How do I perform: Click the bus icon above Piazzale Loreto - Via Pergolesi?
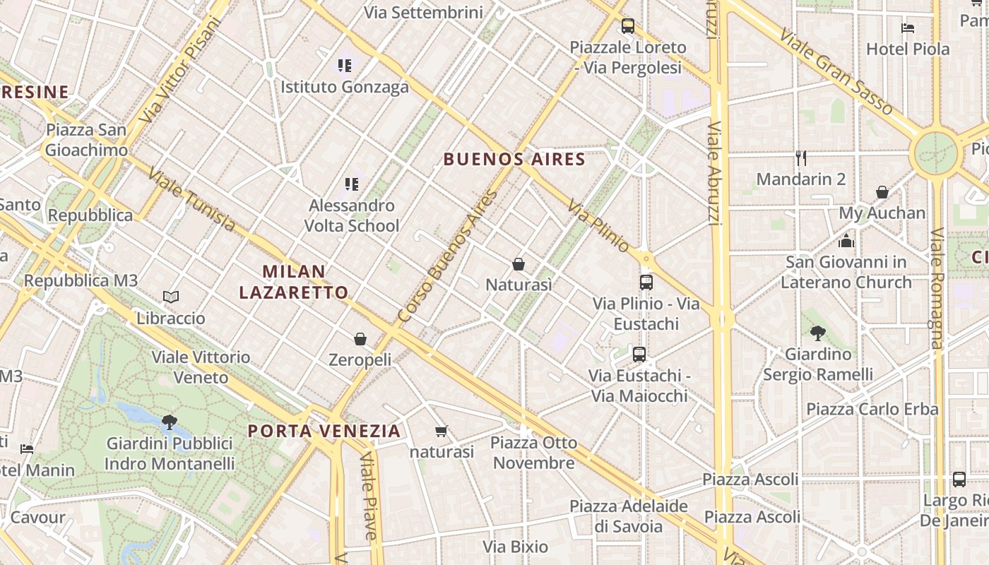click(x=627, y=26)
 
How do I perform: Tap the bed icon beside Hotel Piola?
click(x=908, y=28)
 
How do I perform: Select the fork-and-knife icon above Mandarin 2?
click(x=800, y=157)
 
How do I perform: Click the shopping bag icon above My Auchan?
click(x=882, y=192)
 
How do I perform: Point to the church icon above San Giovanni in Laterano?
click(x=846, y=241)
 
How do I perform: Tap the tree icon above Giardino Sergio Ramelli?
click(x=818, y=333)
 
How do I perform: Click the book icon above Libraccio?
click(x=170, y=297)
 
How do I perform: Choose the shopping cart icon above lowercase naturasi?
click(x=442, y=431)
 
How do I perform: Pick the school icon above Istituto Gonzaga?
click(x=344, y=66)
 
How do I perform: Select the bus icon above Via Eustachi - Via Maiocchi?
click(x=639, y=354)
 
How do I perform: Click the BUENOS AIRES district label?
click(x=514, y=159)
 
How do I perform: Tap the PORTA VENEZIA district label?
click(x=324, y=431)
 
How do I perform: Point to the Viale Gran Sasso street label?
click(x=836, y=72)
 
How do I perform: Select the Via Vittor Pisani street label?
click(x=181, y=69)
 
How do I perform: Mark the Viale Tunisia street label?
click(x=191, y=199)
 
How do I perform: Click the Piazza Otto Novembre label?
click(x=533, y=453)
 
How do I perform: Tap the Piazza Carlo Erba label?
click(x=872, y=409)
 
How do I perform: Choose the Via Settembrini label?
click(x=423, y=12)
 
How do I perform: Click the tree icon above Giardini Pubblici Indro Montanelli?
click(x=169, y=422)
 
